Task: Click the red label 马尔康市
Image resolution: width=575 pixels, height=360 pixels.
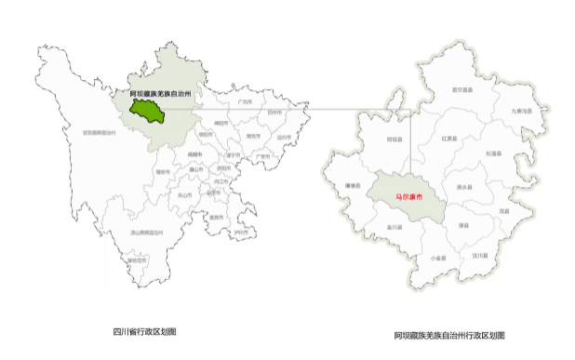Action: point(408,197)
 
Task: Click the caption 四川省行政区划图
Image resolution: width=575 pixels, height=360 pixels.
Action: point(144,331)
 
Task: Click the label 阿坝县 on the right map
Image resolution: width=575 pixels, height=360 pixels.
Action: point(394,139)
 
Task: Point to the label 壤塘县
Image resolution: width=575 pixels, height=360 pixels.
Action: point(352,186)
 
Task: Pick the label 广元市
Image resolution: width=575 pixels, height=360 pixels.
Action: point(245,101)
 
